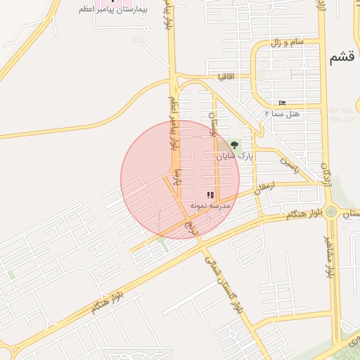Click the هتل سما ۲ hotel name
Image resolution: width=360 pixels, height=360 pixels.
(x=283, y=112)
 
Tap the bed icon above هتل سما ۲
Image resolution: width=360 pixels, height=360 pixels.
(x=283, y=103)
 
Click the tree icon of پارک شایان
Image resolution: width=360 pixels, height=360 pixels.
(x=234, y=145)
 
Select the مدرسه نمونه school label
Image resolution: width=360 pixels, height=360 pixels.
(x=210, y=205)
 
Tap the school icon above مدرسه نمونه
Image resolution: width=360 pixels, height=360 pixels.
(x=210, y=195)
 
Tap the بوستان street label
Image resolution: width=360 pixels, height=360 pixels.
(x=215, y=123)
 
